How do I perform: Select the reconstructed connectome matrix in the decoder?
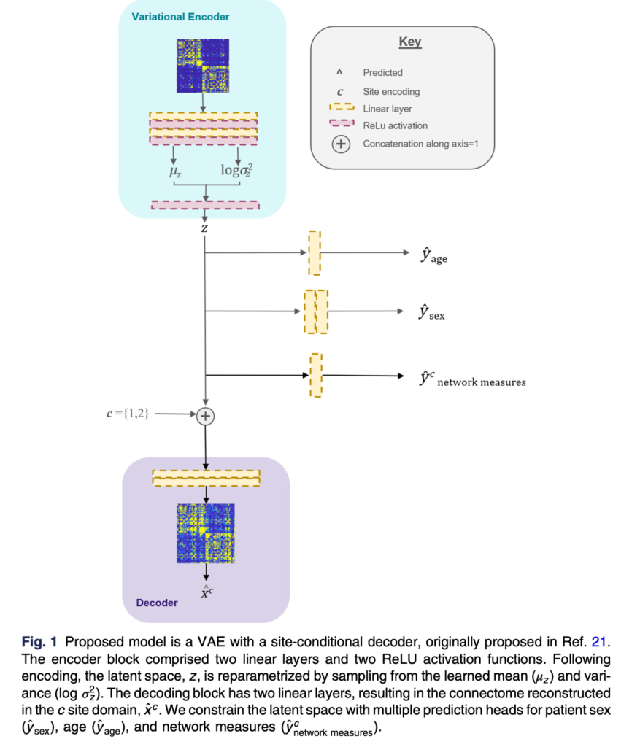pos(206,533)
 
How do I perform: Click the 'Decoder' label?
pos(156,603)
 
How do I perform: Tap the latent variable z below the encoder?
pos(205,229)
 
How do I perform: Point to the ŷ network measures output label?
pos(471,378)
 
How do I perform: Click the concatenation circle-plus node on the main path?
pos(206,415)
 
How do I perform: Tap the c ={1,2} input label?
pos(129,414)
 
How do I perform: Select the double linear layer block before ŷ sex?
pos(315,311)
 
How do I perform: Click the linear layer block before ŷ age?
pos(315,253)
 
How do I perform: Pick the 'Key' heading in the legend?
pos(409,42)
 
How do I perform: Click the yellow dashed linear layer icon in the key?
pos(340,108)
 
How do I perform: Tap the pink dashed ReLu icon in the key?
pos(340,125)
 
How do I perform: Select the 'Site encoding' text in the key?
pos(391,91)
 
